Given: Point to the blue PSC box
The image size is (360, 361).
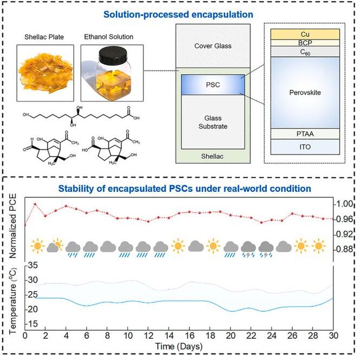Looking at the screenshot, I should click(213, 85).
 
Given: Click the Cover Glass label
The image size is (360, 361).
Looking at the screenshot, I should click(213, 46).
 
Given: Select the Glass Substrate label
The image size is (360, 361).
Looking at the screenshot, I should click(213, 121).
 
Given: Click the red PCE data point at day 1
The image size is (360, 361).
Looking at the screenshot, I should click(35, 204).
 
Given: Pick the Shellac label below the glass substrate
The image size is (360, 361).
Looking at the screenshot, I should click(213, 157).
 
